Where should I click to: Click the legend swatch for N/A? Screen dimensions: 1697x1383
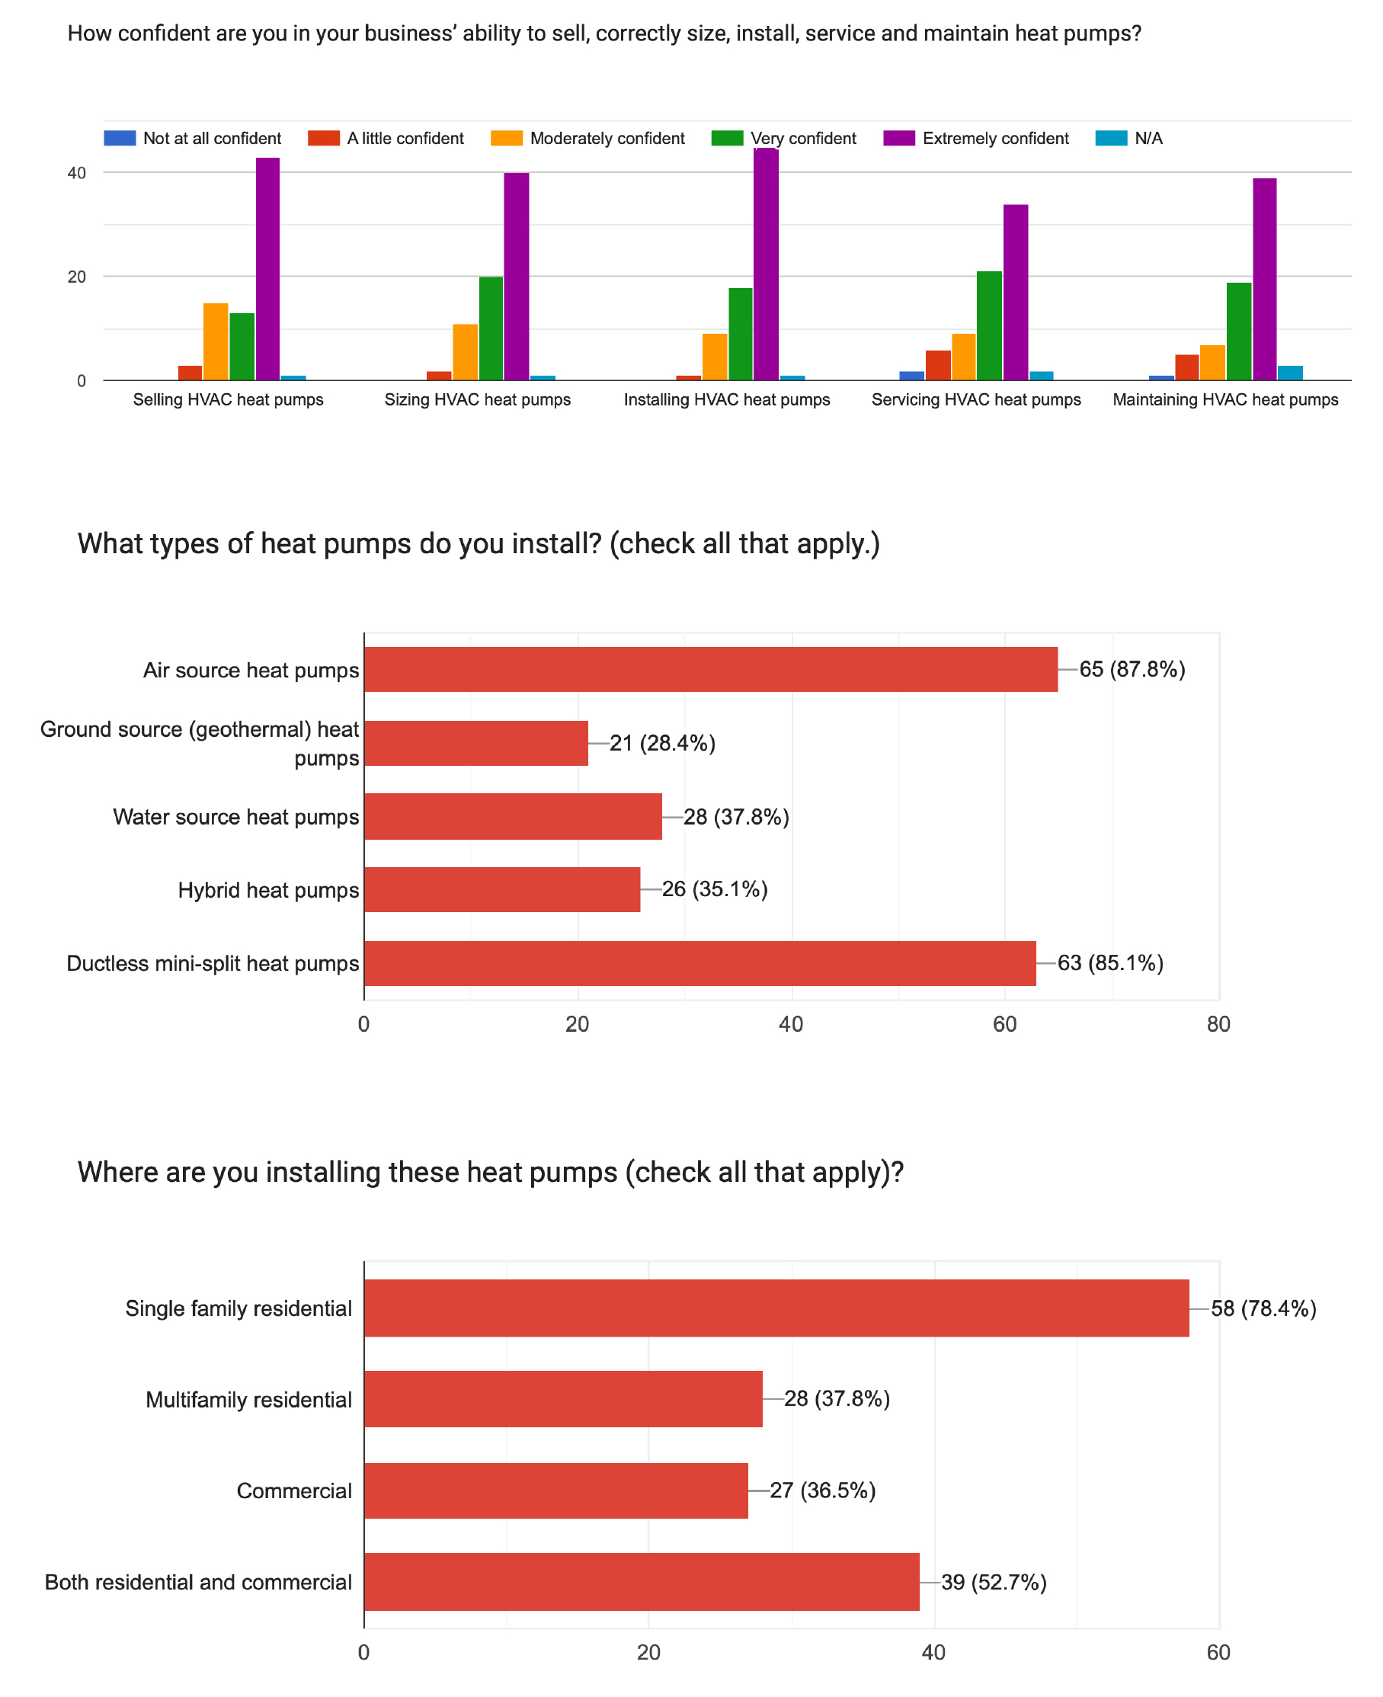1110,138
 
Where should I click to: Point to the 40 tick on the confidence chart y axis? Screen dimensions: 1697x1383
76,173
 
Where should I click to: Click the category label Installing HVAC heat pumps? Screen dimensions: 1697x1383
727,399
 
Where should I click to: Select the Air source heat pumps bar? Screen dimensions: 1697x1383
711,669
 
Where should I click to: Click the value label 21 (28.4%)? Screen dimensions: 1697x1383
662,743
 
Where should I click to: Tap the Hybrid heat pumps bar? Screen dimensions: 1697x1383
502,889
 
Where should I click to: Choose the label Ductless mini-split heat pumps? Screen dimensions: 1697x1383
213,963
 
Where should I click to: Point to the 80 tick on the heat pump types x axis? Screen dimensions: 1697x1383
1218,1025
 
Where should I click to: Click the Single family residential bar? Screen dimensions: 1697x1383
776,1308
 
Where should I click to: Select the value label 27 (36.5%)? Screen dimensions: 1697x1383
822,1490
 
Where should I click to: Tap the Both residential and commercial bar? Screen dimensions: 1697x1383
642,1581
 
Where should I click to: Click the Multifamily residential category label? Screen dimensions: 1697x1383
248,1400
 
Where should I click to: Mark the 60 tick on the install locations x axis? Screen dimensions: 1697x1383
1218,1652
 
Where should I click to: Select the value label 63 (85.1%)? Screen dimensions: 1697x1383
1109,963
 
